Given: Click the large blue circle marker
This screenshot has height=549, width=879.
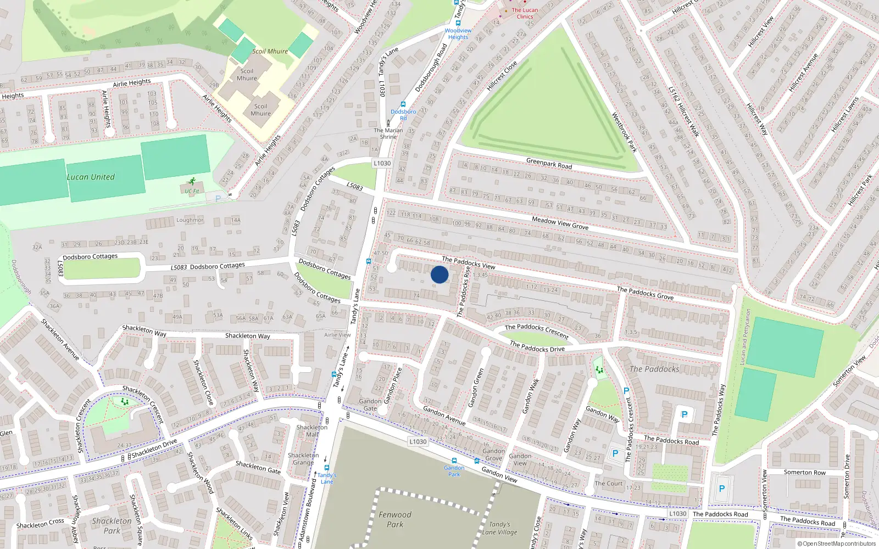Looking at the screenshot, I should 439,274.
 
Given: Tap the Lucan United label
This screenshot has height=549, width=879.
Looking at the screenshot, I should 91,177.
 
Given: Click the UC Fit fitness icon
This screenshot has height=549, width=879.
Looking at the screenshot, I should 192,181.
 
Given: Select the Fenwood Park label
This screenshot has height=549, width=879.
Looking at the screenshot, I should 394,519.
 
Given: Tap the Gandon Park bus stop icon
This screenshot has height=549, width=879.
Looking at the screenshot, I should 454,461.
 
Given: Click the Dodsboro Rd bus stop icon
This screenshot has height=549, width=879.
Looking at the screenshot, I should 403,104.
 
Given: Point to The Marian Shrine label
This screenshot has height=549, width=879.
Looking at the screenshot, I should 388,133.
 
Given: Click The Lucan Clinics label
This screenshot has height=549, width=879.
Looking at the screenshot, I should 525,13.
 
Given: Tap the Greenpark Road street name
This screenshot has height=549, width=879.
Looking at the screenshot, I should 549,164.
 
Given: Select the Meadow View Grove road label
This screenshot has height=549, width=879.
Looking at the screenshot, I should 560,223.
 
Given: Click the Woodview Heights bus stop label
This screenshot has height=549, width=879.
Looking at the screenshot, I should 458,34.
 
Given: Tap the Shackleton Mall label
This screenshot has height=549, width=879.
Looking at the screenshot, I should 311,430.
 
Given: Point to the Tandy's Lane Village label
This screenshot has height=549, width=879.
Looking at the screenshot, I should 499,528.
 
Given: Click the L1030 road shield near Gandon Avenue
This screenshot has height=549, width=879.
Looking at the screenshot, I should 418,441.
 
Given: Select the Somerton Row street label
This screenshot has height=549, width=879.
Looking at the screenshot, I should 804,472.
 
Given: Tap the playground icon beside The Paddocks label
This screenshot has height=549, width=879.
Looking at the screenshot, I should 599,370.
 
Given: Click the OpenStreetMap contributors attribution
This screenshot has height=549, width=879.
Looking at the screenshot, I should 837,544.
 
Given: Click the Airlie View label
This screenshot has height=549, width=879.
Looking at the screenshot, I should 337,334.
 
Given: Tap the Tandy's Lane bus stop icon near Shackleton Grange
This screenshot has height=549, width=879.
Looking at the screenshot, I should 326,468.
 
